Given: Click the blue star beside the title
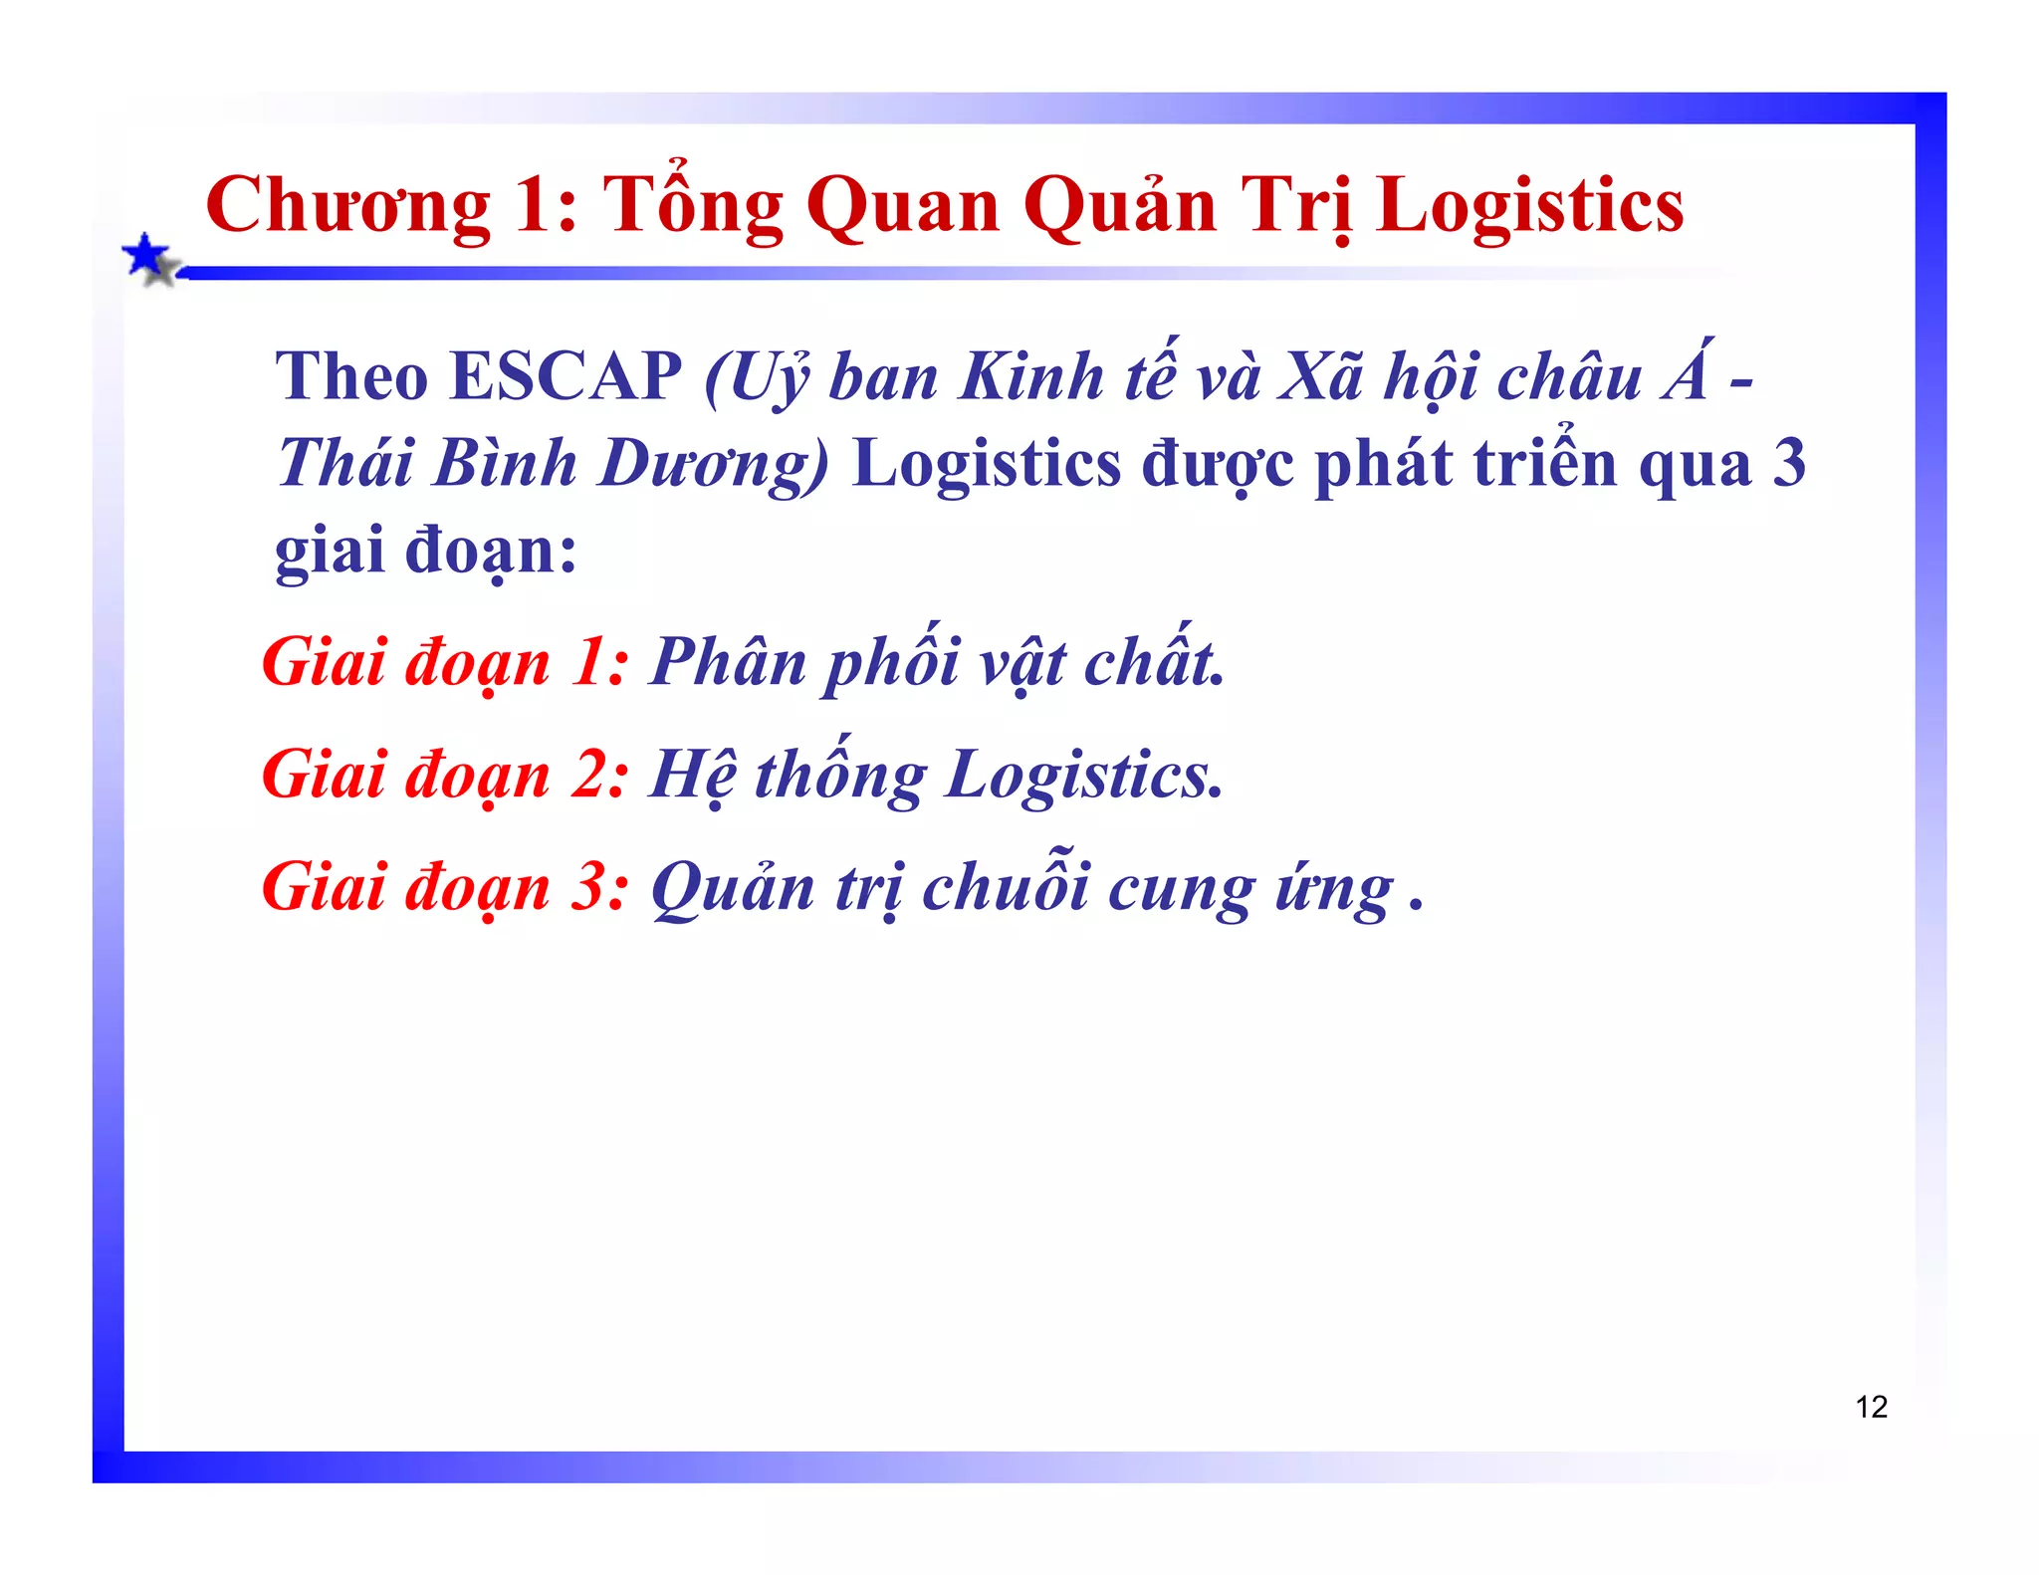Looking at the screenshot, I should pyautogui.click(x=147, y=257).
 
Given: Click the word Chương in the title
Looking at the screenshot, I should pyautogui.click(x=348, y=206).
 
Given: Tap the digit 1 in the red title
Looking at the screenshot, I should pyautogui.click(x=535, y=206).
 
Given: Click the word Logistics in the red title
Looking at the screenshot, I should pyautogui.click(x=1530, y=206).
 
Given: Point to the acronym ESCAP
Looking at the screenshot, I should pyautogui.click(x=566, y=376).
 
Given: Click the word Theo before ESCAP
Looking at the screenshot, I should pyautogui.click(x=351, y=376).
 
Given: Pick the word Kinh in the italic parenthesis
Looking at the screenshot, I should pyautogui.click(x=1031, y=378).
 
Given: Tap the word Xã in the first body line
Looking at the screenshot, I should pyautogui.click(x=1319, y=378).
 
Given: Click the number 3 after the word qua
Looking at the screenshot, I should pyautogui.click(x=1789, y=464).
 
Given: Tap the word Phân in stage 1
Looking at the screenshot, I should pyautogui.click(x=728, y=662).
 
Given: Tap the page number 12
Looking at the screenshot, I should pyautogui.click(x=1871, y=1407).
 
